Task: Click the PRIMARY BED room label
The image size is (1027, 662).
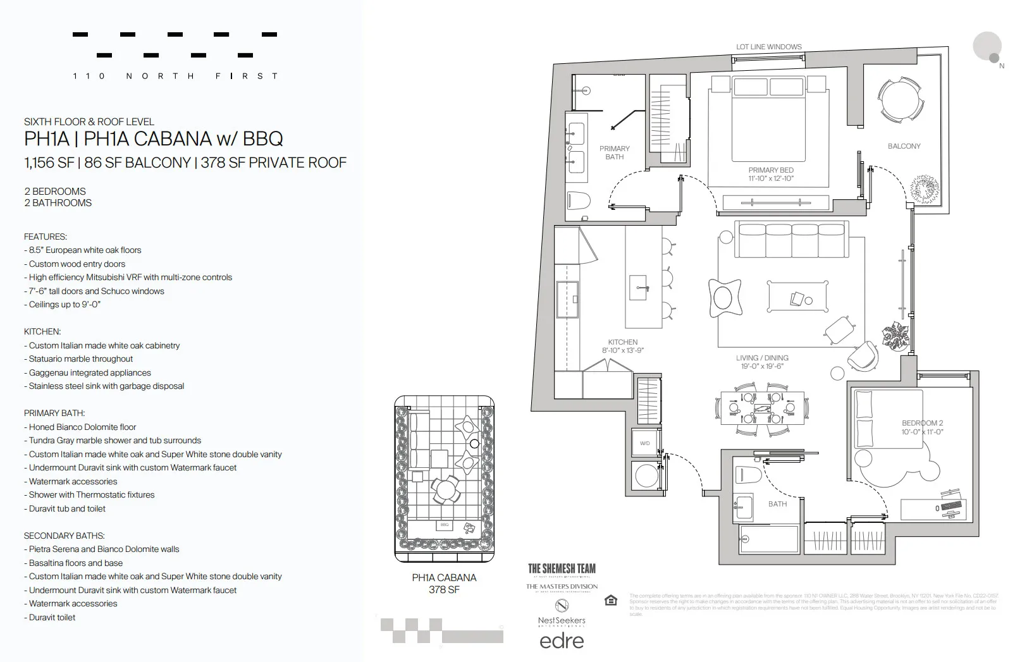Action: click(770, 170)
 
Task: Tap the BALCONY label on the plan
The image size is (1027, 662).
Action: click(904, 146)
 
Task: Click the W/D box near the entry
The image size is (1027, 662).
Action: click(644, 443)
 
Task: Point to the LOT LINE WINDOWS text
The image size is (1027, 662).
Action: click(768, 47)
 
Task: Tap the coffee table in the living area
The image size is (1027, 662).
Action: click(798, 296)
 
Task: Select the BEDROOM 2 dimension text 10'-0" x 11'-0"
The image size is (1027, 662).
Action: click(922, 432)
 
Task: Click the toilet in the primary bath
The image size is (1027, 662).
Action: click(578, 201)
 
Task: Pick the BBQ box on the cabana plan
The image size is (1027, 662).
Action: click(445, 525)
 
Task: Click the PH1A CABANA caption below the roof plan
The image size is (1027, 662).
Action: click(444, 577)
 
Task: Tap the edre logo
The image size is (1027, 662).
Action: click(562, 641)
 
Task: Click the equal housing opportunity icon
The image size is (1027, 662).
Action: click(611, 600)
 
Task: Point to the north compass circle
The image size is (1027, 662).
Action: click(987, 46)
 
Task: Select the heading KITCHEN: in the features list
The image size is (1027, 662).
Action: click(42, 331)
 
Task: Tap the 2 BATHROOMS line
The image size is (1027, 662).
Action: click(58, 203)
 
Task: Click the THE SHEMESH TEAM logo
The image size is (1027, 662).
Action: click(562, 568)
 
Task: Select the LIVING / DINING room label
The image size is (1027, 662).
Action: click(762, 358)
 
